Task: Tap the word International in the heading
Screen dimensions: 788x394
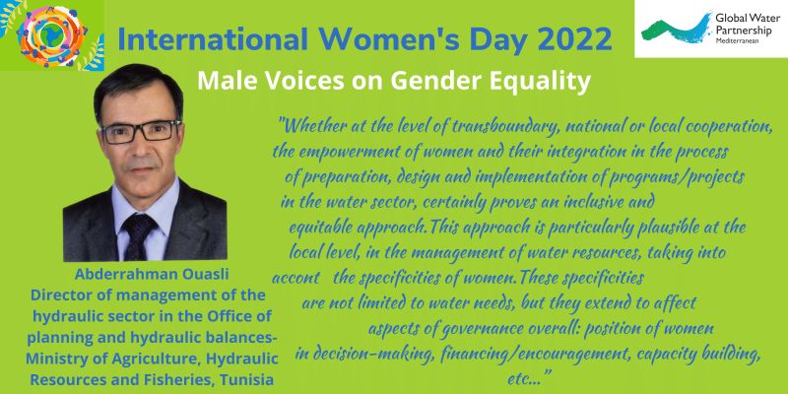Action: pyautogui.click(x=213, y=39)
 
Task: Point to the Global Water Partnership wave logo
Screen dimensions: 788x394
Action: pyautogui.click(x=676, y=28)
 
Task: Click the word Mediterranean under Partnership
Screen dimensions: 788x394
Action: pyautogui.click(x=738, y=40)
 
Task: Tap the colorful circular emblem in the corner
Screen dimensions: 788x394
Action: pyautogui.click(x=52, y=35)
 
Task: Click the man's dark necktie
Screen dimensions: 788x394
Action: pyautogui.click(x=138, y=236)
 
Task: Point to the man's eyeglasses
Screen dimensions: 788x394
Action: pyautogui.click(x=140, y=131)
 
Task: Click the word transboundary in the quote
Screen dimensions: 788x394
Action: pyautogui.click(x=505, y=127)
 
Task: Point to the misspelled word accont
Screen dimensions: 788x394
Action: pyautogui.click(x=296, y=278)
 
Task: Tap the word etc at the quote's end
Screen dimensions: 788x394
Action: pyautogui.click(x=521, y=379)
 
